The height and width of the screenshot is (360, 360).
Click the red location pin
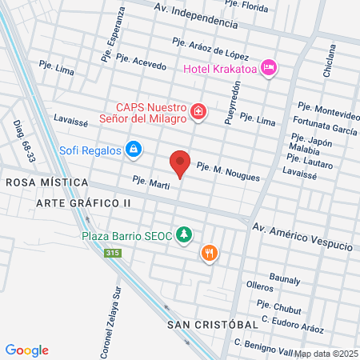point(181,162)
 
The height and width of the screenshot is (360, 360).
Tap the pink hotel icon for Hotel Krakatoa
point(269,68)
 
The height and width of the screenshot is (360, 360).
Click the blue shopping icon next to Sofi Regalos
point(134,150)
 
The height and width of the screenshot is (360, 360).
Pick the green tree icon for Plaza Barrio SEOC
point(185,234)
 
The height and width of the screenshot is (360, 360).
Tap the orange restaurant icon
point(209,253)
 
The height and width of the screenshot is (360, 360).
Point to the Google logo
point(27,350)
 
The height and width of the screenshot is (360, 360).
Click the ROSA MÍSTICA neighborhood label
point(46,182)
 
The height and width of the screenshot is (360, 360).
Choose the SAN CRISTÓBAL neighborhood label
point(214,325)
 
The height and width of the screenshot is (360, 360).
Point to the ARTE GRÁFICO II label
point(83,203)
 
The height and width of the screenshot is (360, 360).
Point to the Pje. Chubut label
point(276,305)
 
